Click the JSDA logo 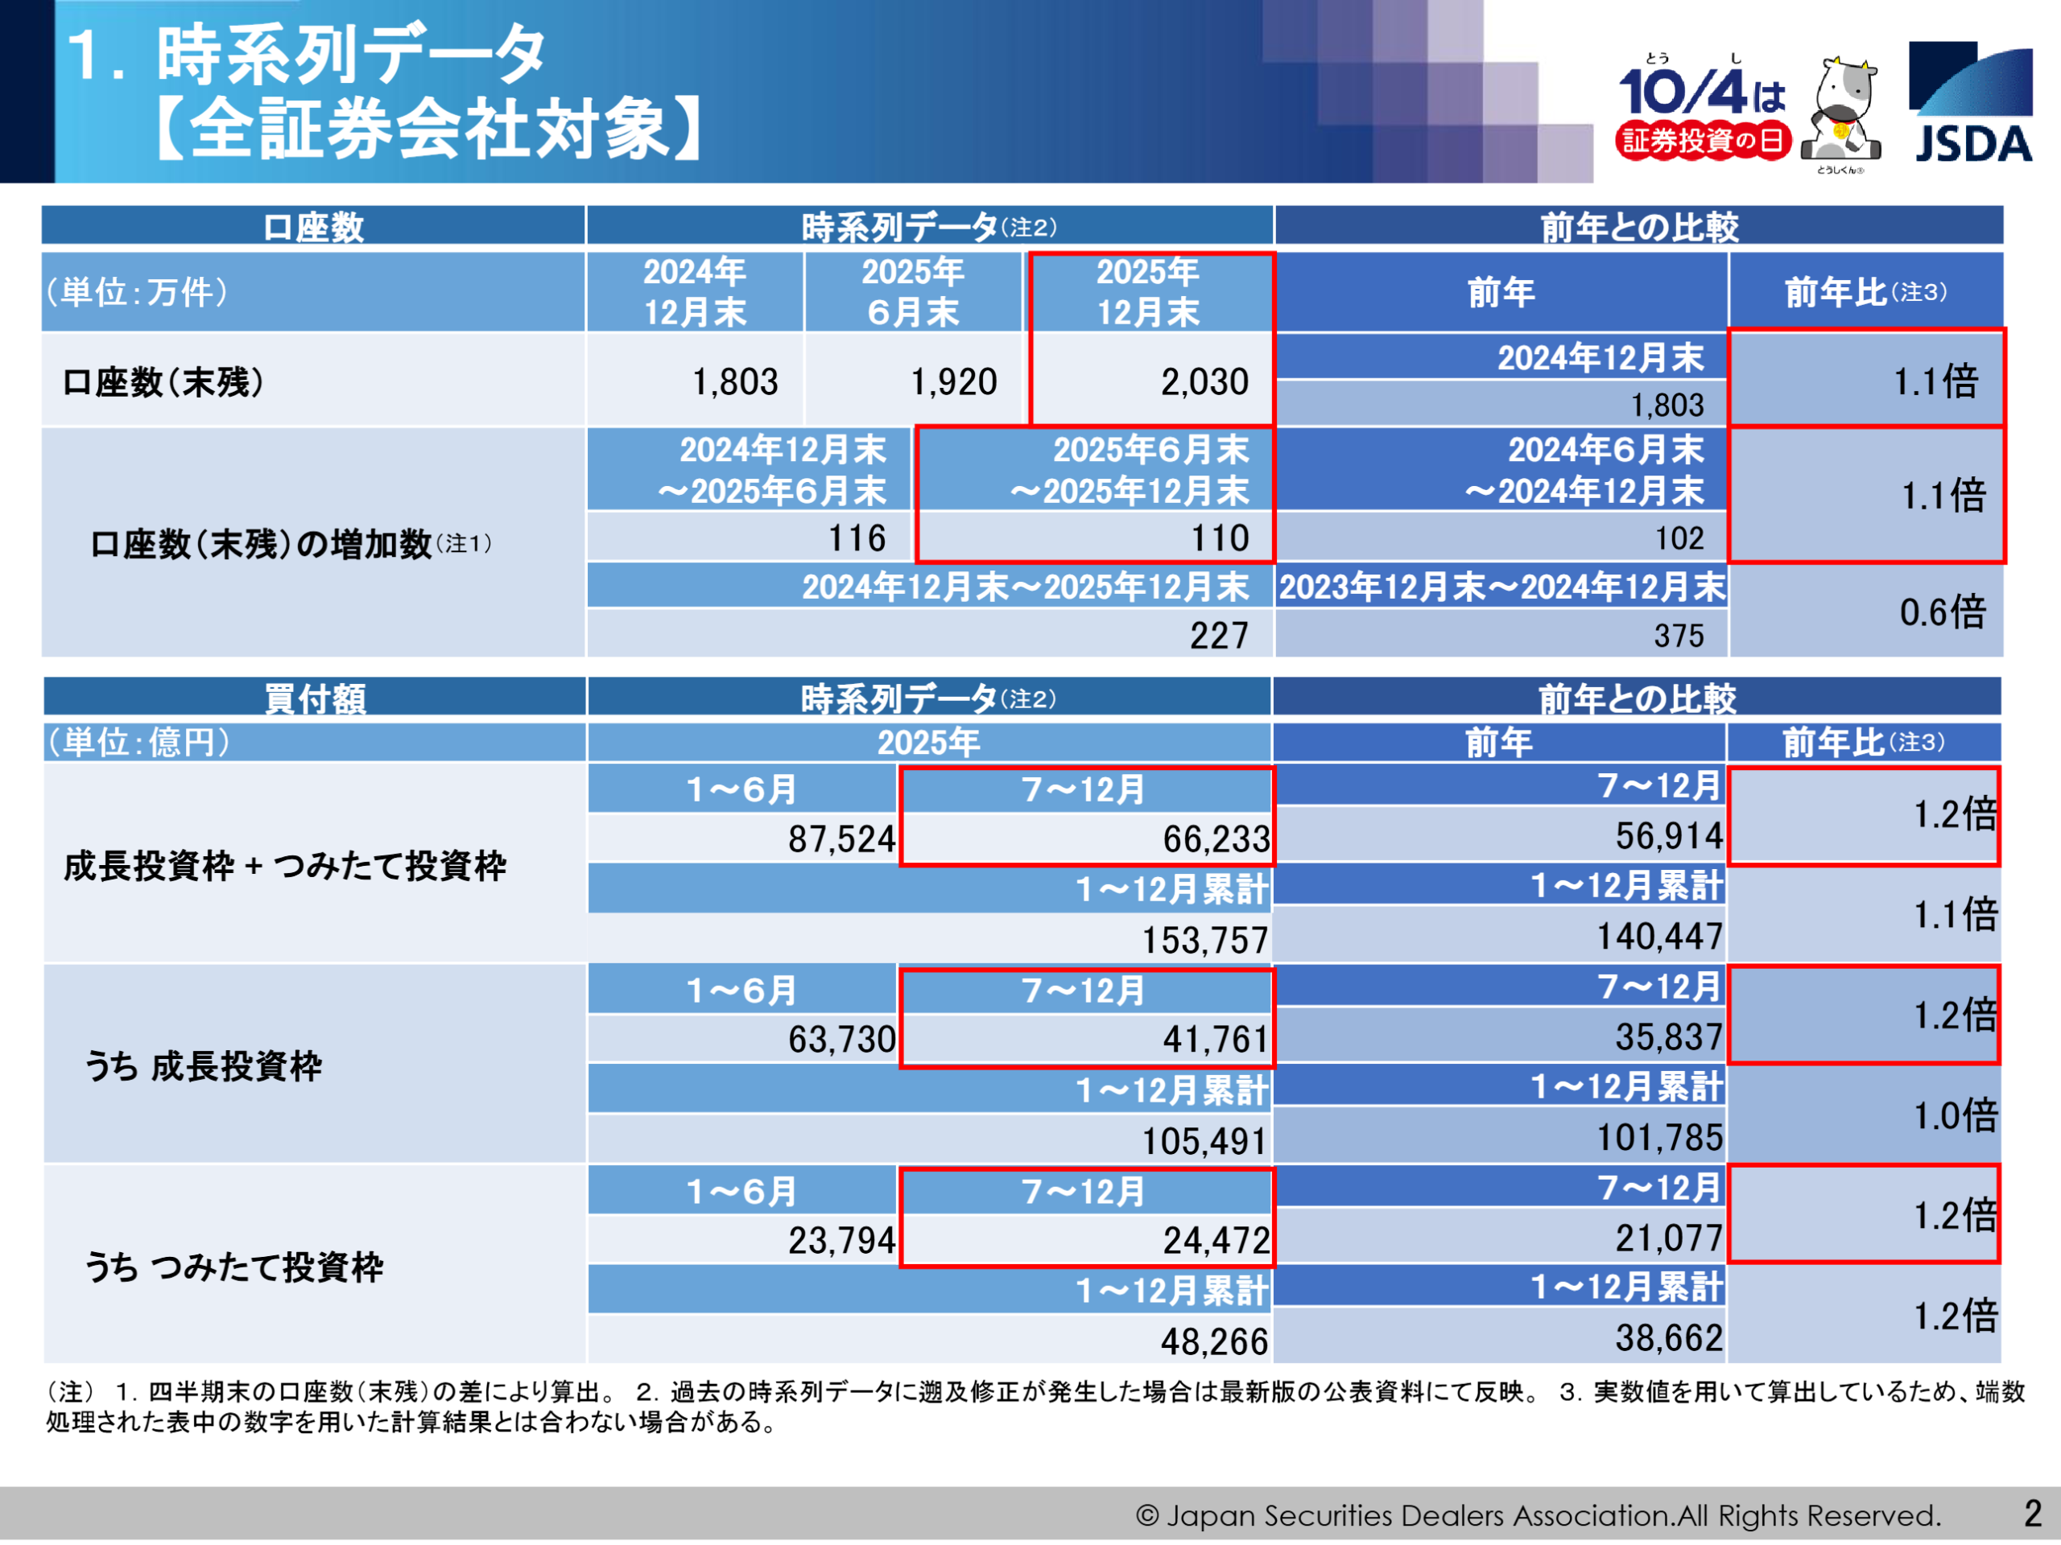click(x=1970, y=102)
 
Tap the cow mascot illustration click(x=1840, y=112)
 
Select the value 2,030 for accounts click(x=1204, y=382)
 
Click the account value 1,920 click(x=953, y=382)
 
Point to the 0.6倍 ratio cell click(x=1943, y=612)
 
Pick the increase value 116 click(x=857, y=538)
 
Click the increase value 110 click(x=1220, y=538)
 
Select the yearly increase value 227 click(x=1219, y=636)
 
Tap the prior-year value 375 click(x=1678, y=636)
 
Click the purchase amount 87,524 click(x=841, y=839)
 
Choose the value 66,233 click(x=1216, y=839)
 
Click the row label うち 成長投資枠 click(x=203, y=1066)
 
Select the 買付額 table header click(x=315, y=698)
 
